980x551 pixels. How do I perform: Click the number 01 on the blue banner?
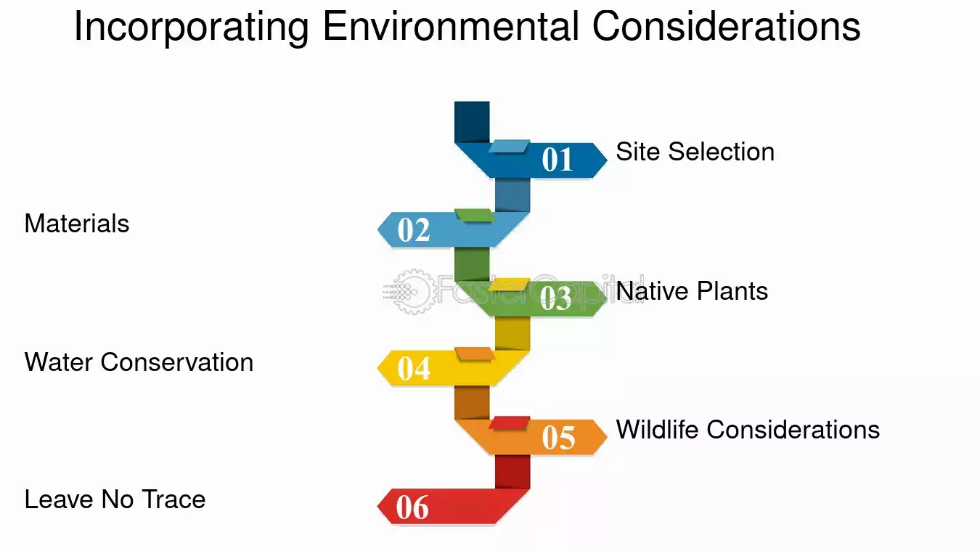click(557, 159)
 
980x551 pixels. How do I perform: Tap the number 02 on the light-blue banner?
click(414, 230)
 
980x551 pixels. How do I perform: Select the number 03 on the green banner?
click(555, 298)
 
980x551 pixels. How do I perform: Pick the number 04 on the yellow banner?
click(414, 368)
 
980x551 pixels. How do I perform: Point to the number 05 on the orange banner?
click(558, 437)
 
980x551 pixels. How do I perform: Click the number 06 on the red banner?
click(412, 507)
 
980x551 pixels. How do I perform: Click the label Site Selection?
click(695, 152)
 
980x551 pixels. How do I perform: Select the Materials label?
click(77, 224)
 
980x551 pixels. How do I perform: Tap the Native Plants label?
click(692, 291)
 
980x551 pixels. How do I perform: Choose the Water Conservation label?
click(139, 362)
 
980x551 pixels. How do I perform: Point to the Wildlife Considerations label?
click(748, 429)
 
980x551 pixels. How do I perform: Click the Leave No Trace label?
click(115, 499)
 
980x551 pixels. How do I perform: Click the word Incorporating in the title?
click(192, 27)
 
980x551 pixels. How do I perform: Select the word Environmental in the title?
click(451, 26)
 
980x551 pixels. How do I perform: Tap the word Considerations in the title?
click(726, 26)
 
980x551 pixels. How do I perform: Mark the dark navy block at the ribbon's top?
click(472, 122)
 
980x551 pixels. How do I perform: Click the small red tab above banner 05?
click(509, 423)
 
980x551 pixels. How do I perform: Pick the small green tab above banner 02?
click(475, 216)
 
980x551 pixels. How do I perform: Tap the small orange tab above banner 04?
click(475, 354)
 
